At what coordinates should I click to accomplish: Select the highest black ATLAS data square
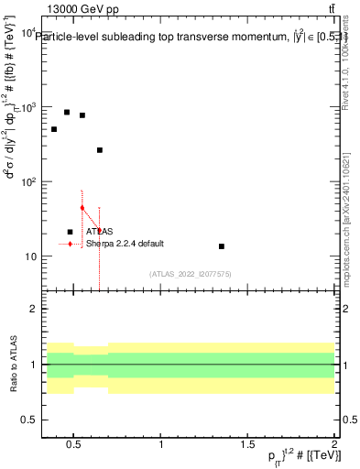(67, 113)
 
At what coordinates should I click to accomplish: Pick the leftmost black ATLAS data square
(54, 129)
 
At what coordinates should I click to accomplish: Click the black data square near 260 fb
(100, 150)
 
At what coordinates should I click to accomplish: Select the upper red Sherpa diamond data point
(82, 208)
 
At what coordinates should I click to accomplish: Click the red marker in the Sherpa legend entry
(71, 245)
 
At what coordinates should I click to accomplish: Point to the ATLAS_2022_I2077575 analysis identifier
(191, 274)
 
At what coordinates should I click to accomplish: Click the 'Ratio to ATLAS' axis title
(13, 365)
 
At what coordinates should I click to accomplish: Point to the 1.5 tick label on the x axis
(247, 445)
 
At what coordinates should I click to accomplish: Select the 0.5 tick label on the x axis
(74, 445)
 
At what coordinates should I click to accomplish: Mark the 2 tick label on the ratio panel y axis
(33, 310)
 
